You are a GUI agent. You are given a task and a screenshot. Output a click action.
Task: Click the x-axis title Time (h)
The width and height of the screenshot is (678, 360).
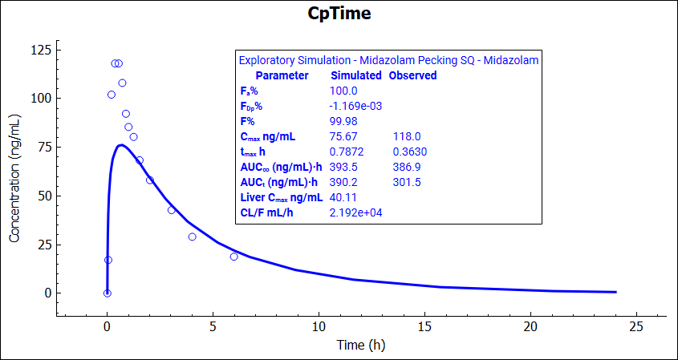[361, 346]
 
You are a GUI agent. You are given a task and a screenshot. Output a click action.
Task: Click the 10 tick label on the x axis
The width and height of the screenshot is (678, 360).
[319, 326]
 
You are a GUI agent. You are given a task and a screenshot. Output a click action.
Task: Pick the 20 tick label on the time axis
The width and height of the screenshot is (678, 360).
[530, 326]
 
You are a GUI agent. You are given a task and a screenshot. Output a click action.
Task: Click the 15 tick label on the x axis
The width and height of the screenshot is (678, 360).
[424, 326]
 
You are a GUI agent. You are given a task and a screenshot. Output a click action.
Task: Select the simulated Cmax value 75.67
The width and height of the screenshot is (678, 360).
[347, 136]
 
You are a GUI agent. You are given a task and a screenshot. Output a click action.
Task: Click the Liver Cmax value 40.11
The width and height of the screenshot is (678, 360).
[347, 197]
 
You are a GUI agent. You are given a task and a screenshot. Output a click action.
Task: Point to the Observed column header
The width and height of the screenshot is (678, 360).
[412, 75]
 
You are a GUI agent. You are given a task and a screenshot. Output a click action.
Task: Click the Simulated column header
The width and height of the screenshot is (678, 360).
[356, 75]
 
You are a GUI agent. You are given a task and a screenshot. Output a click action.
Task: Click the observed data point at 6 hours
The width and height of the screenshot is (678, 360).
[233, 257]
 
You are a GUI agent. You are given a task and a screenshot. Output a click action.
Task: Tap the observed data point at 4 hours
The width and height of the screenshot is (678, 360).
[192, 237]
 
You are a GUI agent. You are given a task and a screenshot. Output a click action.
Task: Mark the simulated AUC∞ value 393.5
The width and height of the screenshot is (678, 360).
[347, 167]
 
